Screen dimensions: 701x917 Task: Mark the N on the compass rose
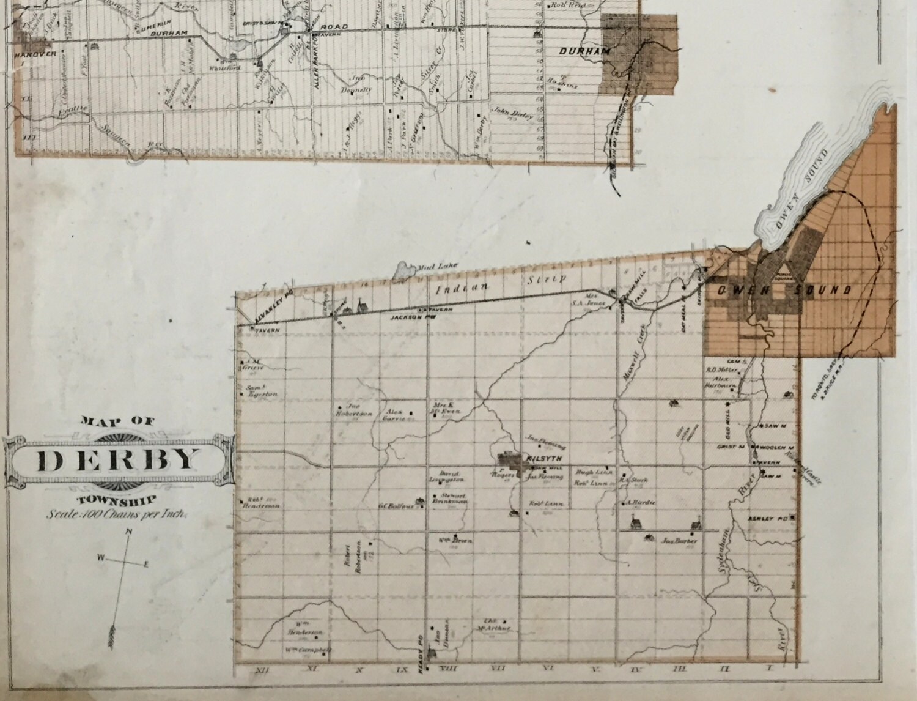(129, 531)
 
